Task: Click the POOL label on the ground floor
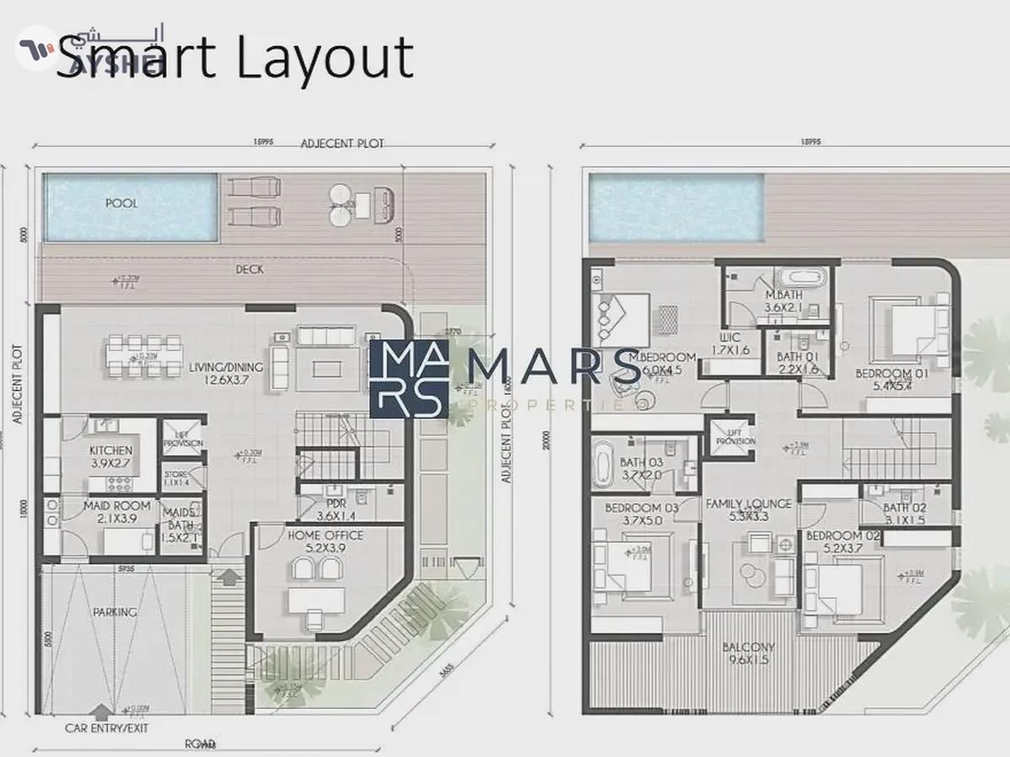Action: (x=121, y=204)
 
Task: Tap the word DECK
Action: (x=249, y=269)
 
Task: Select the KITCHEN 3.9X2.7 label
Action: (x=111, y=457)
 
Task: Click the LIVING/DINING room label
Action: (x=226, y=373)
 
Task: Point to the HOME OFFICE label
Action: (x=326, y=542)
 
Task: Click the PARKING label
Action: (x=114, y=612)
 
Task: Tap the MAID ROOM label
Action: (x=117, y=512)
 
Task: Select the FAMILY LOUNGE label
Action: (x=748, y=511)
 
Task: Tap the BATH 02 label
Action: (x=905, y=514)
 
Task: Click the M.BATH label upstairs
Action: (x=783, y=301)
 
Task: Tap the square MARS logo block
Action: (x=408, y=379)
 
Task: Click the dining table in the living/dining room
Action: (x=145, y=356)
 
